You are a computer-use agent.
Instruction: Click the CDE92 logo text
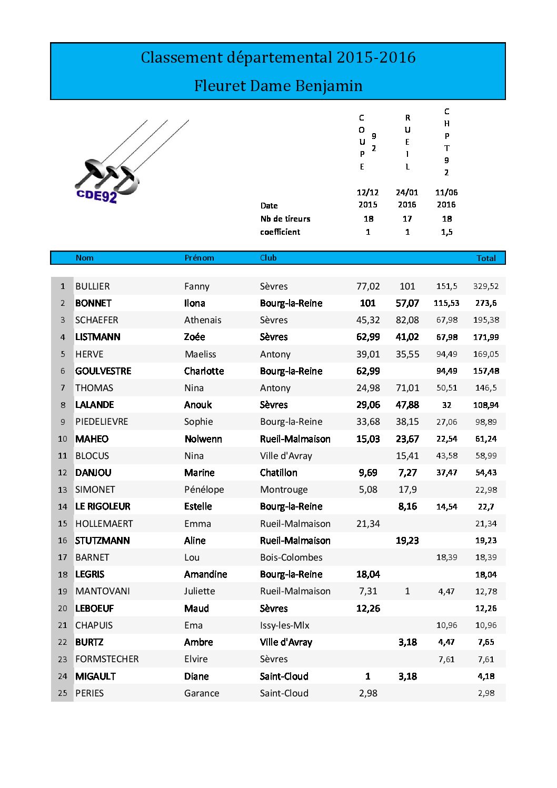(x=96, y=195)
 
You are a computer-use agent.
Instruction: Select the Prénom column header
(x=199, y=258)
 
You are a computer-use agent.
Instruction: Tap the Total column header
(x=486, y=258)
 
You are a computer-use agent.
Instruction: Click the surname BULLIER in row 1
(x=93, y=286)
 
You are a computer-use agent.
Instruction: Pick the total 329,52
(x=486, y=286)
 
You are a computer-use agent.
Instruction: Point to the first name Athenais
(x=203, y=320)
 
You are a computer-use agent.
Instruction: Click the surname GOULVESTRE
(x=103, y=371)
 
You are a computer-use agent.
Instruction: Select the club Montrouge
(x=284, y=490)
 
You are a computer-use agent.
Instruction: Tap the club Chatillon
(x=278, y=473)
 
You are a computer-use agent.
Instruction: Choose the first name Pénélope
(x=204, y=490)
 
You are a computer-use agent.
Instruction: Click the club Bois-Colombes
(x=291, y=557)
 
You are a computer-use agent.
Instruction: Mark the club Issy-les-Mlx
(x=284, y=625)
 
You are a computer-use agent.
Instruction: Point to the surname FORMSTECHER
(x=107, y=659)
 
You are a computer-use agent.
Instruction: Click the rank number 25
(x=63, y=693)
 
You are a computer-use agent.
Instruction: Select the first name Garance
(x=202, y=693)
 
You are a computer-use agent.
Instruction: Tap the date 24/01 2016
(x=407, y=198)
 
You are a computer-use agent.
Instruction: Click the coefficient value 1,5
(x=446, y=232)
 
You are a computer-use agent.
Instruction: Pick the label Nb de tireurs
(x=285, y=219)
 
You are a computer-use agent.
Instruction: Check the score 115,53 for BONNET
(x=446, y=303)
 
